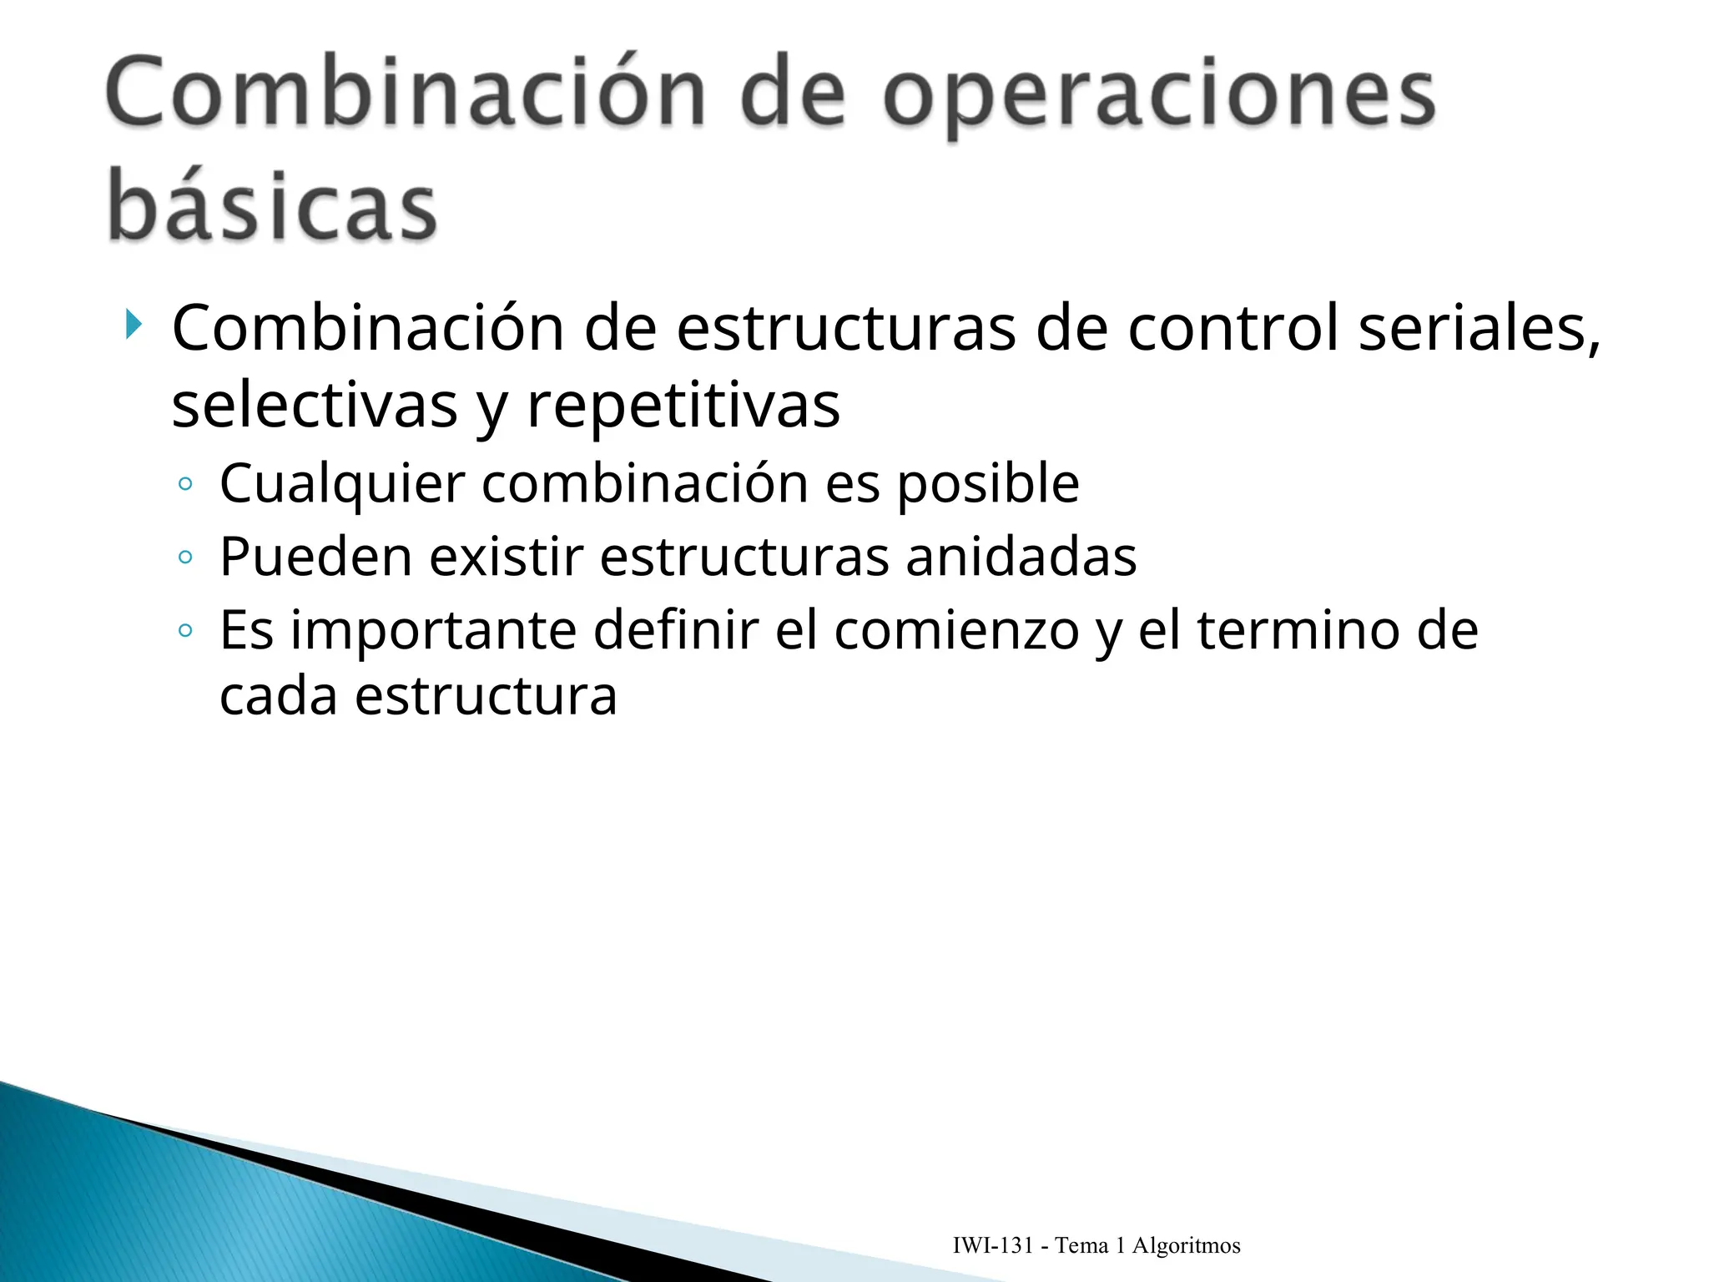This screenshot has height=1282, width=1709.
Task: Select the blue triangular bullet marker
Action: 134,324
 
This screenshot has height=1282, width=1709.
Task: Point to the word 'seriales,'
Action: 1479,328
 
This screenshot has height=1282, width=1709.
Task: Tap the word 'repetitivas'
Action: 683,406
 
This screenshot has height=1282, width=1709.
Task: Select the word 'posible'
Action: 988,483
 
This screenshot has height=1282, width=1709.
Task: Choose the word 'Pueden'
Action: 315,557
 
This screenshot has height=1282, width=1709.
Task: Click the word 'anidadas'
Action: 1021,557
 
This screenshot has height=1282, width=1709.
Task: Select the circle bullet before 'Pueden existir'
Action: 185,558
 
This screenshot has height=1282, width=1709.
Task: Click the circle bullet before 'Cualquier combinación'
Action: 185,484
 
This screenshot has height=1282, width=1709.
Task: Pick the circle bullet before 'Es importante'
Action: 185,631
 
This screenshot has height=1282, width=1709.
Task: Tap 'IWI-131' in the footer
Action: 993,1246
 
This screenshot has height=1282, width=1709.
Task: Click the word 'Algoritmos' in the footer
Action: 1186,1246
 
